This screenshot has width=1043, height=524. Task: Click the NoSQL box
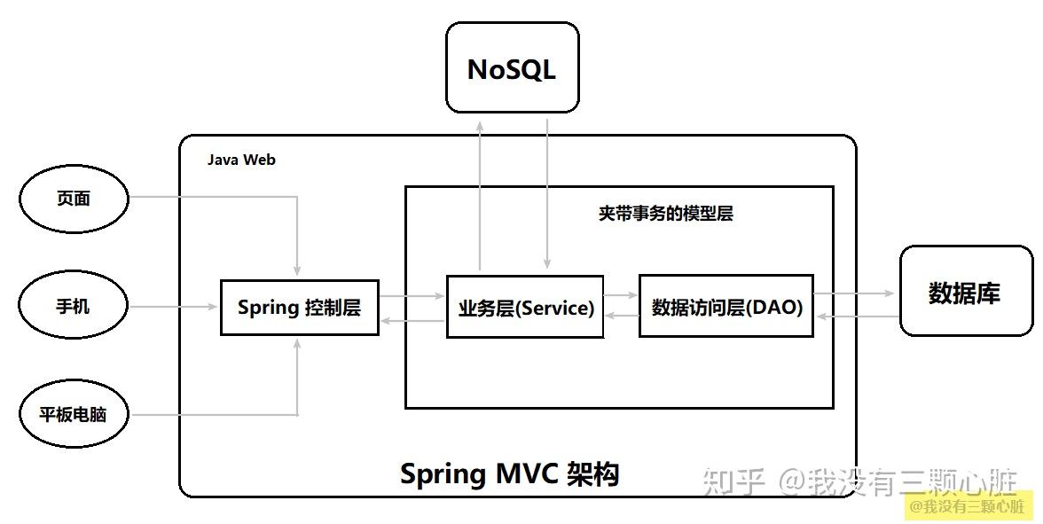(x=513, y=67)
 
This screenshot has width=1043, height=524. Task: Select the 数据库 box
(x=966, y=291)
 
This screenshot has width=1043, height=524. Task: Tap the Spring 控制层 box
(x=300, y=307)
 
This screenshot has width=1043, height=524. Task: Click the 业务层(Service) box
(x=525, y=307)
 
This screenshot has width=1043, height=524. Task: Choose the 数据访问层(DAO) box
(x=726, y=306)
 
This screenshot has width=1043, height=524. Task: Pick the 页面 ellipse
(x=73, y=199)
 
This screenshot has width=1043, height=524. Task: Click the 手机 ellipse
(x=73, y=307)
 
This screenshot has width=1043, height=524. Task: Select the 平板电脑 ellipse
(x=73, y=414)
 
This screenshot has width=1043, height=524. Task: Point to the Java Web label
(x=241, y=160)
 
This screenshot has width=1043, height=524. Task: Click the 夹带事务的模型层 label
(x=665, y=214)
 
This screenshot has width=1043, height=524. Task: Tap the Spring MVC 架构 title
(x=509, y=474)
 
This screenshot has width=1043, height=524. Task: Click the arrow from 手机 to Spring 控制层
(x=174, y=307)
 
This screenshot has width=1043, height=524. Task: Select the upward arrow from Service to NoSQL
(x=479, y=198)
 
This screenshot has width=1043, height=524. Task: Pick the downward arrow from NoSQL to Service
(x=547, y=194)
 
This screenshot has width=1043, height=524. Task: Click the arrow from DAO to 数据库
(x=854, y=293)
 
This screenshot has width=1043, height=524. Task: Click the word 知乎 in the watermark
(x=733, y=482)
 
